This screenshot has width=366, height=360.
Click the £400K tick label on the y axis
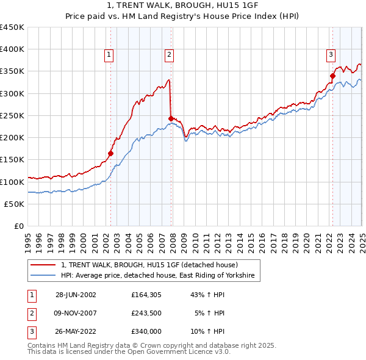coord(12,49)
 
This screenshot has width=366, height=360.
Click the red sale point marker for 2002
coord(111,153)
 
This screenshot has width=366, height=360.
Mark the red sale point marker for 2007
coord(171,118)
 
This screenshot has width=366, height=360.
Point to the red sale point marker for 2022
coord(333,76)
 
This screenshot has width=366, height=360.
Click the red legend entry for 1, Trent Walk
coord(153,265)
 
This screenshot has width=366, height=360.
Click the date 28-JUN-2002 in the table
coord(76,295)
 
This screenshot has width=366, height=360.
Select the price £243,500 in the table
coord(146,314)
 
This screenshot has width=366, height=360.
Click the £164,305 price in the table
coord(146,295)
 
